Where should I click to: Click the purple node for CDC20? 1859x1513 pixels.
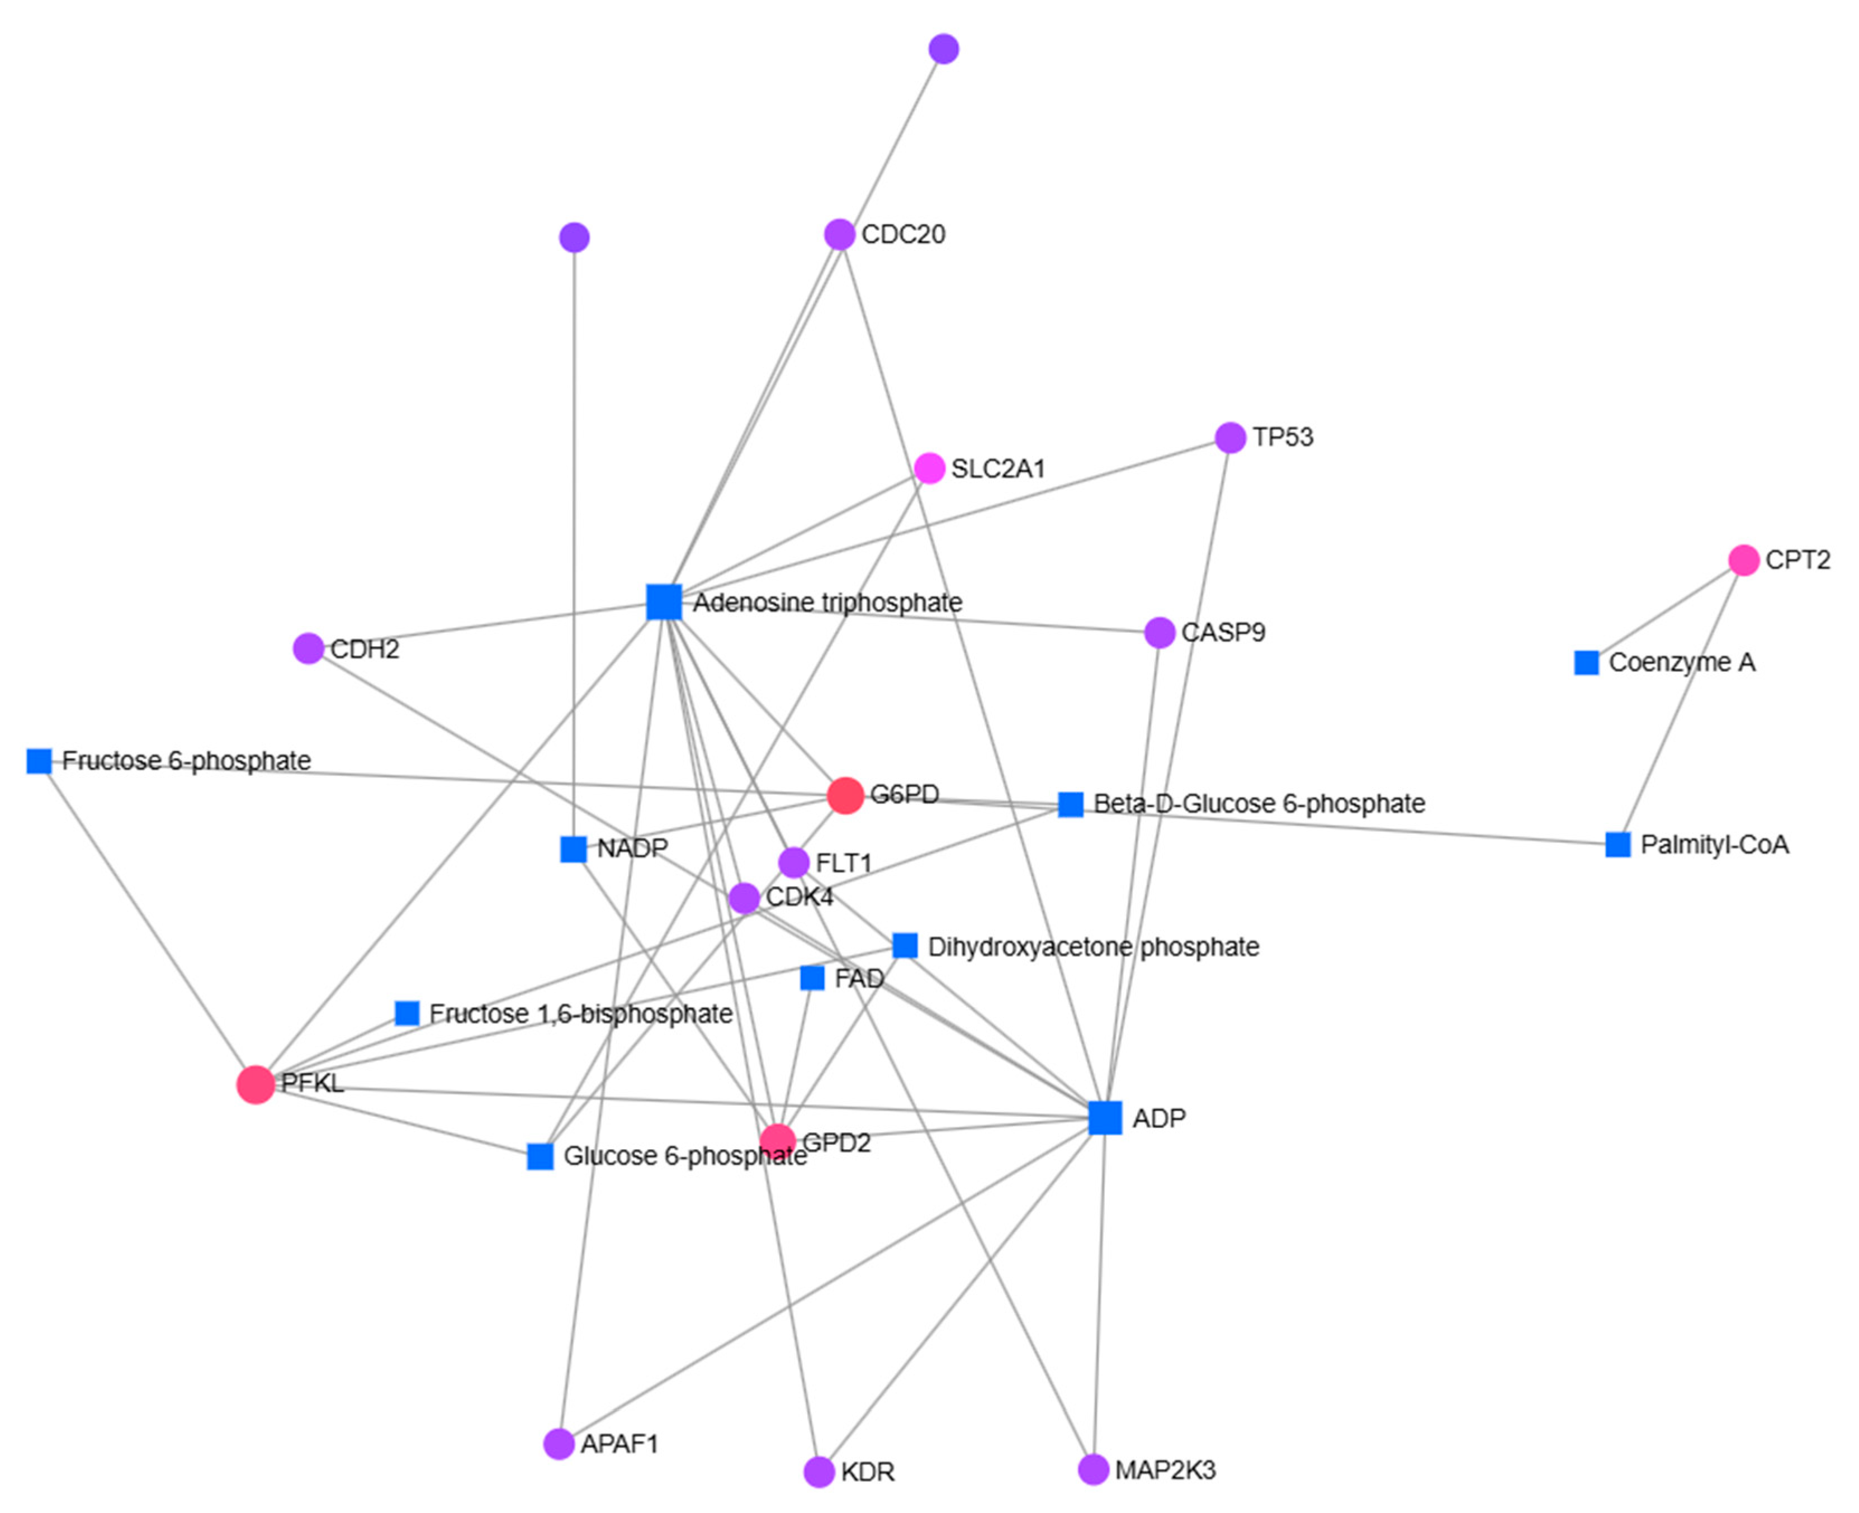tap(839, 234)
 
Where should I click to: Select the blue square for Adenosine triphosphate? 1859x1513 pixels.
tap(664, 602)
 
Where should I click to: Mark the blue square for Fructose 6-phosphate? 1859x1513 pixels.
tap(39, 761)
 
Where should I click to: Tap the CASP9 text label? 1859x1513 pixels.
tap(1223, 633)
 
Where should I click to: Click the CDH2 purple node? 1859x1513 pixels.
tap(308, 648)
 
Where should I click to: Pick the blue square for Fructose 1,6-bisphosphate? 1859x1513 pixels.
tap(407, 1013)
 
